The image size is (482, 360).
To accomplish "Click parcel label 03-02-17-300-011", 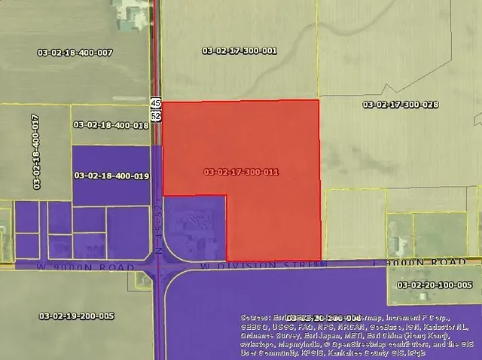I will click(x=241, y=172).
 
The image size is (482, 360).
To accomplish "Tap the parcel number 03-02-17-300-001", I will click(x=239, y=51).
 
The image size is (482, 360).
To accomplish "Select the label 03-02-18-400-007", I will click(x=75, y=52).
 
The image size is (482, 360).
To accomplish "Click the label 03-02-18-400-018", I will click(x=111, y=125).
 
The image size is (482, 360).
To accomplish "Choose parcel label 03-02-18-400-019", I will click(x=111, y=175).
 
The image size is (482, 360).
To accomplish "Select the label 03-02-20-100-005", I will click(x=435, y=285).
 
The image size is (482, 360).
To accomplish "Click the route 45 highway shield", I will click(x=155, y=102).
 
